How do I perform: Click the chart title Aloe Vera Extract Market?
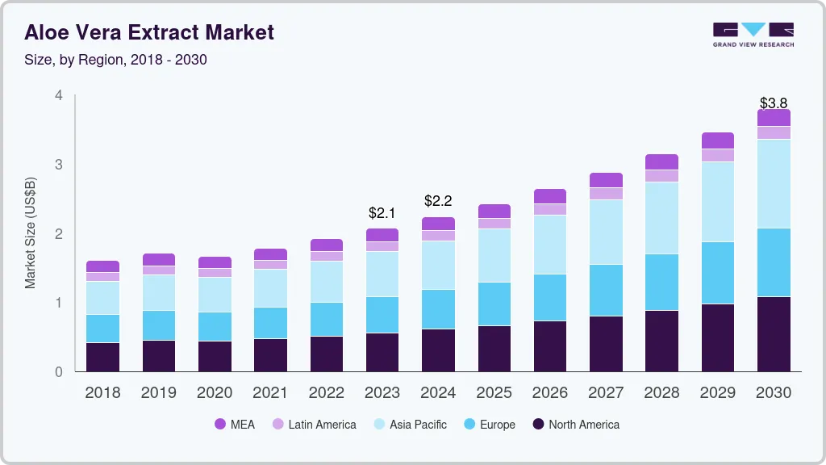tap(149, 32)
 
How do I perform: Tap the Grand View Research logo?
tap(753, 34)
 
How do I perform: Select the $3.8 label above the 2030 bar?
tap(774, 103)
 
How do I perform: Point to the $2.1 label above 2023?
tap(382, 213)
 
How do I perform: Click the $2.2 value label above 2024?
tap(438, 201)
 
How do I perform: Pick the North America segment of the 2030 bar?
tap(774, 334)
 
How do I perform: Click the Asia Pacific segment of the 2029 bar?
tap(718, 202)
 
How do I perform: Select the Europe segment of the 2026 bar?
tap(550, 298)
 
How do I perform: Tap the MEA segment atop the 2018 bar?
tap(102, 266)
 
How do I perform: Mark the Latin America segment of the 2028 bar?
tap(662, 176)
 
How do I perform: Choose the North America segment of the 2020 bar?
tap(215, 356)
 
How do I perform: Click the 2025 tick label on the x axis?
tap(494, 393)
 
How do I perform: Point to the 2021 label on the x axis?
tap(270, 393)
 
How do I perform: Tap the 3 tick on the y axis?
tap(58, 165)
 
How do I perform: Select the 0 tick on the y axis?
tap(58, 372)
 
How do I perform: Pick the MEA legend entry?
tap(235, 425)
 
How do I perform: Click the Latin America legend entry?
tap(314, 425)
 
